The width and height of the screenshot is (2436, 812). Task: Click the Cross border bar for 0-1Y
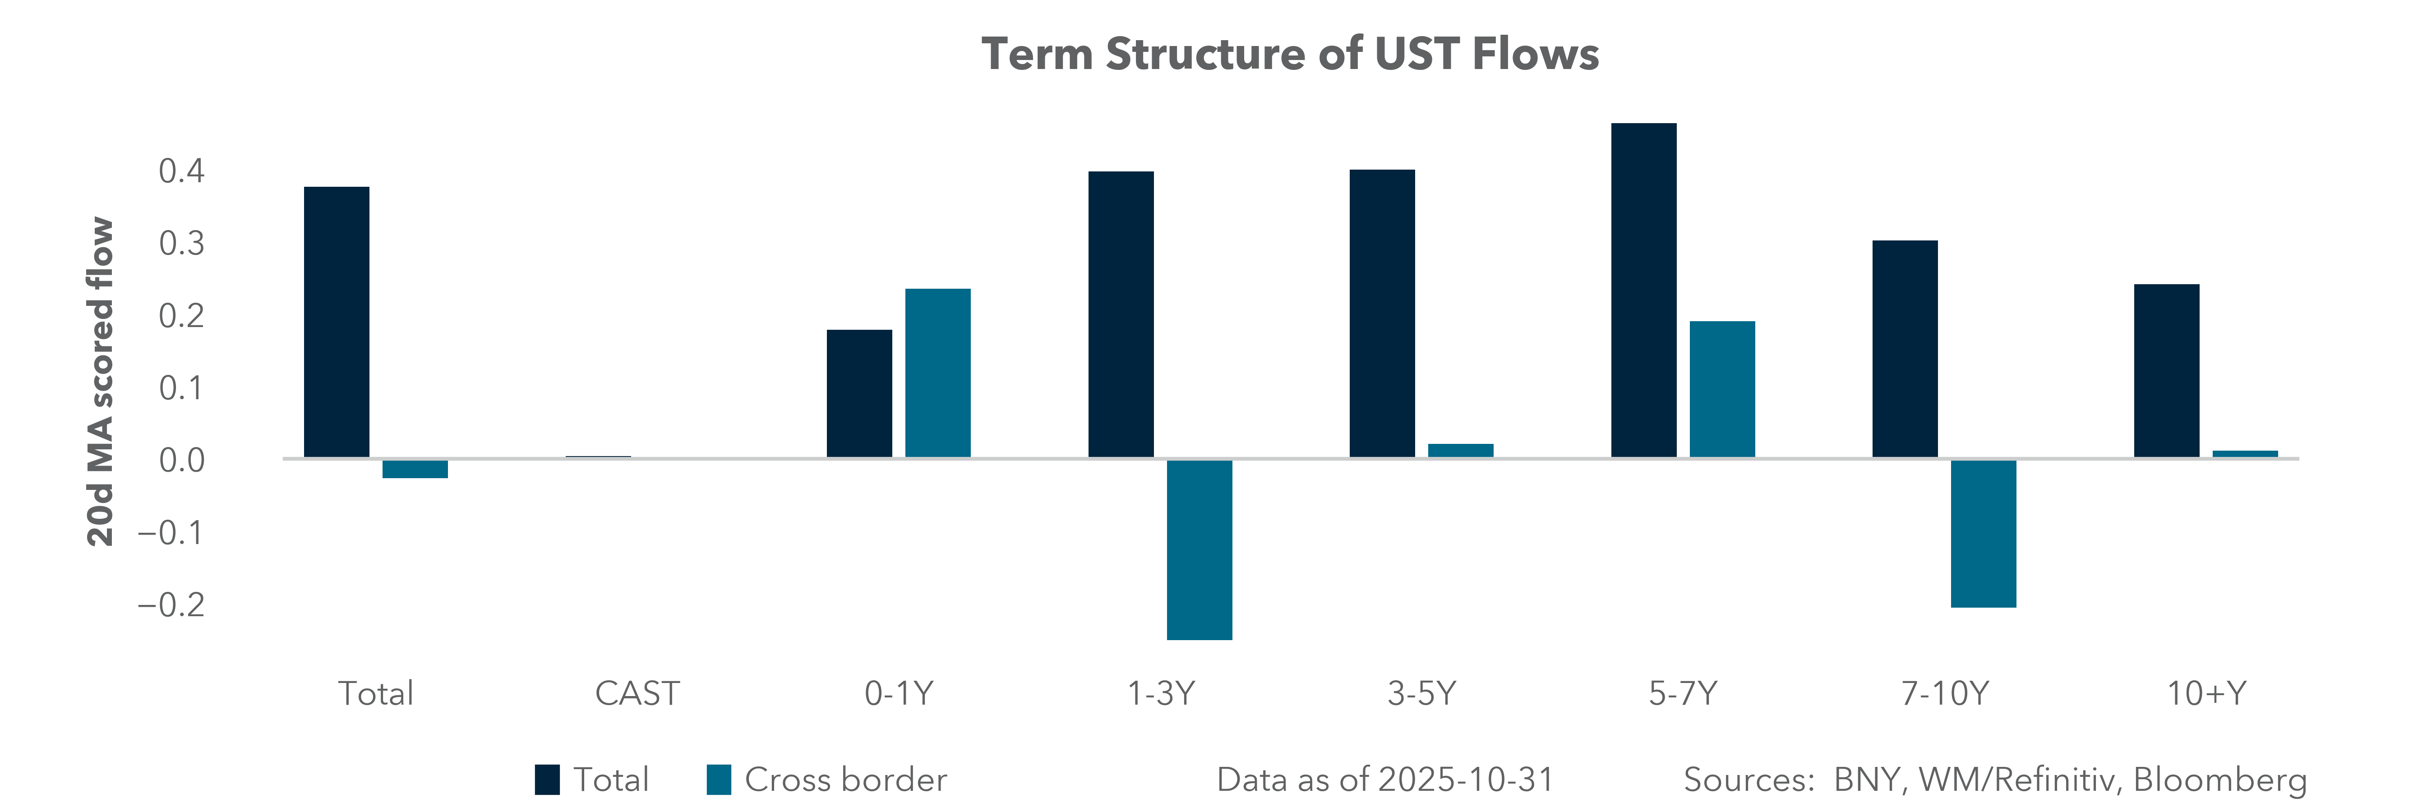(937, 374)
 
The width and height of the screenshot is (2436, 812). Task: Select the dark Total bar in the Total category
(337, 323)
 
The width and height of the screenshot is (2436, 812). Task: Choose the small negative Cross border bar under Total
(415, 469)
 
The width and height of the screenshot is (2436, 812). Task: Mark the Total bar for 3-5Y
(1382, 314)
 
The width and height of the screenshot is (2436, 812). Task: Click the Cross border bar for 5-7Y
(1722, 389)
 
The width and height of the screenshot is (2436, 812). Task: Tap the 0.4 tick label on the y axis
(181, 171)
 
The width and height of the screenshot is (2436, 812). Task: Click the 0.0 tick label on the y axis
(181, 460)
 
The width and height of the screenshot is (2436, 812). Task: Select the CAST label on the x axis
(637, 694)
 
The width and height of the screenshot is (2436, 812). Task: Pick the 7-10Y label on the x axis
(1944, 694)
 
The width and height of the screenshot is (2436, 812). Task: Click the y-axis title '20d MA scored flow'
(100, 382)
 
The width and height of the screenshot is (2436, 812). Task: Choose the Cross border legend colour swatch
(719, 780)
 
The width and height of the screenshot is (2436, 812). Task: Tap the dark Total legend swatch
(547, 780)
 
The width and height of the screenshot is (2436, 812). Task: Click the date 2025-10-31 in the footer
(1466, 780)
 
